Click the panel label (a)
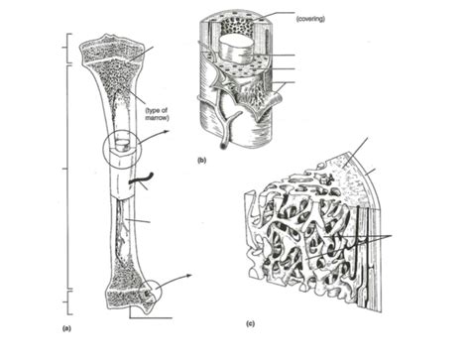pos(66,328)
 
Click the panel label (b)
pos(201,161)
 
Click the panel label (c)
pos(250,323)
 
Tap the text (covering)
pos(310,19)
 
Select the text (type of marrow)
pos(158,114)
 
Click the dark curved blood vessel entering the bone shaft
pos(141,178)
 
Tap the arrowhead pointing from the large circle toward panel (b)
pos(167,132)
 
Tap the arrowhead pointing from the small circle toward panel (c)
pos(188,276)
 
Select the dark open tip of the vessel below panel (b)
pos(224,145)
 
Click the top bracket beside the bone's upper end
pos(67,48)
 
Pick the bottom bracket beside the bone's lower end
pos(67,302)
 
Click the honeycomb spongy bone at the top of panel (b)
pos(237,26)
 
